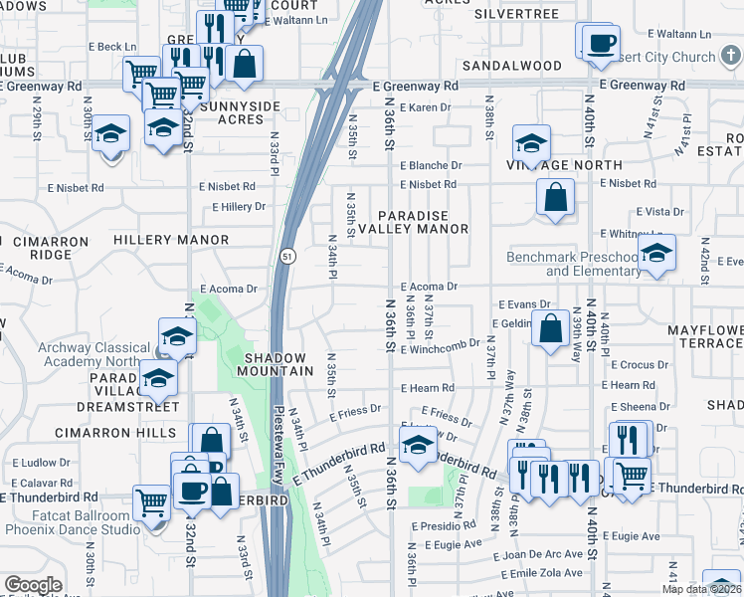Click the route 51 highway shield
[x=285, y=256]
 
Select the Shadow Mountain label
[x=279, y=364]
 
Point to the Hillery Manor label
[x=171, y=241]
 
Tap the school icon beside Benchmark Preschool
[x=656, y=254]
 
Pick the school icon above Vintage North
[x=532, y=143]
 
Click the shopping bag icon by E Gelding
[x=550, y=328]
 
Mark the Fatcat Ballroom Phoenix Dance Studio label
[x=73, y=522]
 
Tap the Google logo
[x=33, y=585]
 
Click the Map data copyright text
[x=700, y=589]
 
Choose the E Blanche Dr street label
[x=432, y=166]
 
